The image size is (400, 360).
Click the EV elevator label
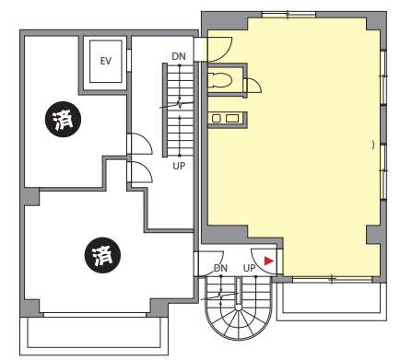point(106,61)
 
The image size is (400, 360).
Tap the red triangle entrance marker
point(269,261)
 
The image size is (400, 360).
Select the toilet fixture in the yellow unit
point(219,81)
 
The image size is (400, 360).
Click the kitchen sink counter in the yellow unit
point(228,119)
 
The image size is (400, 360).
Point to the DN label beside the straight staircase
point(179,56)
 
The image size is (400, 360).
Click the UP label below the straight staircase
point(179,166)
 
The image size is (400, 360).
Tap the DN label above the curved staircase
point(220,268)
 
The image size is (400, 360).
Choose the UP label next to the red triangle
point(249,268)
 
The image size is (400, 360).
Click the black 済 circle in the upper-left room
point(63,119)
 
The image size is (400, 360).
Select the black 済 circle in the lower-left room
point(102,255)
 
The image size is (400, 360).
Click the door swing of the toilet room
point(253,86)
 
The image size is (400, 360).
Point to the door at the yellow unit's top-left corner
point(218,49)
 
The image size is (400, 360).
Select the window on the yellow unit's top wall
point(288,15)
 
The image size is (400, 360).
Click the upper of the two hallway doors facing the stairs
point(140,144)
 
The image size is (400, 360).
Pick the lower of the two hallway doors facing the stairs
point(140,172)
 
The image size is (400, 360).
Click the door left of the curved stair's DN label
point(209,263)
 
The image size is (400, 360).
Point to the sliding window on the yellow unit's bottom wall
point(332,279)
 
